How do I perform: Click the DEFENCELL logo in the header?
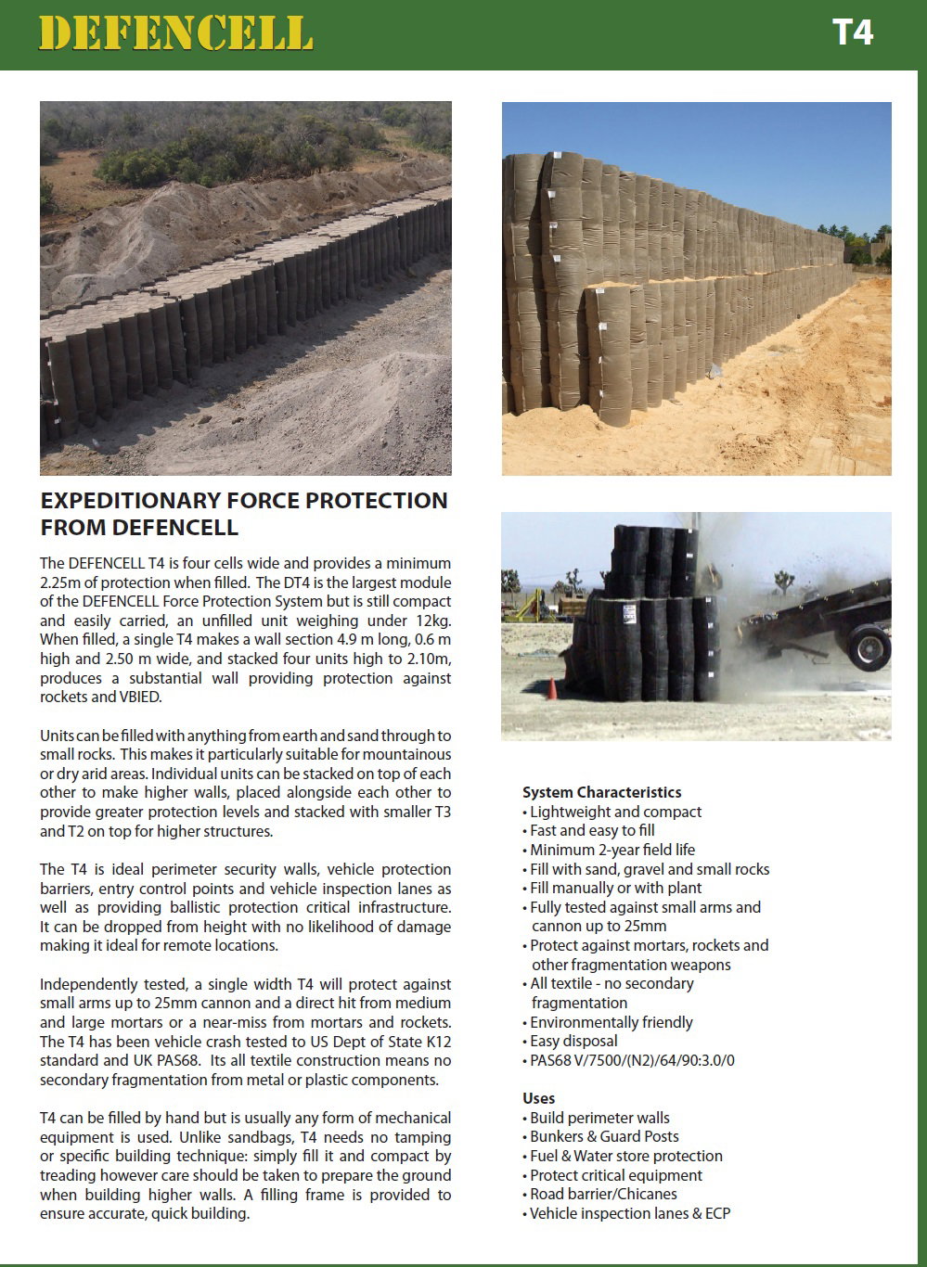(x=175, y=33)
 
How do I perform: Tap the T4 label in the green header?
(x=852, y=33)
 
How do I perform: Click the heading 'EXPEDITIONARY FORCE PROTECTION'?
(x=244, y=501)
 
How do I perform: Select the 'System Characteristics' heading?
(x=601, y=792)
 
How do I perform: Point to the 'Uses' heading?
(x=538, y=1098)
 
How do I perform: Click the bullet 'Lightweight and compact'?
(x=615, y=812)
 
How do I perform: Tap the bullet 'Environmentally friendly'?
(x=612, y=1022)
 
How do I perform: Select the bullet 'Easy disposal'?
(x=573, y=1041)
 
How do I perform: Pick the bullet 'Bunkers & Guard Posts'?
(x=604, y=1136)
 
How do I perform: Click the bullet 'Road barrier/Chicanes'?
(x=603, y=1194)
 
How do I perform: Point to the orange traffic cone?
(x=551, y=689)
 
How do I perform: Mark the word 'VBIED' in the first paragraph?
(x=140, y=697)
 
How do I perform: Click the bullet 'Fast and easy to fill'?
(x=592, y=830)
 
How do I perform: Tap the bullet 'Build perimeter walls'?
(x=599, y=1118)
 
